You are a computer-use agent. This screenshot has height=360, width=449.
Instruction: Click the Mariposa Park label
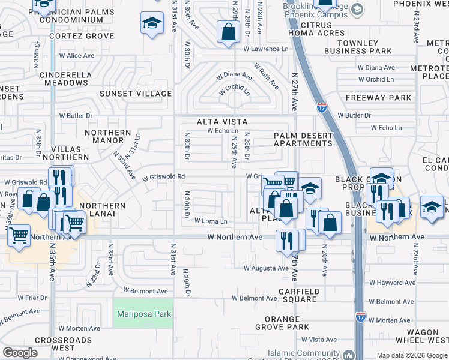(x=143, y=314)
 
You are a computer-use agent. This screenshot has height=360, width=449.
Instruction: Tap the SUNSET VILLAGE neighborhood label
(x=136, y=94)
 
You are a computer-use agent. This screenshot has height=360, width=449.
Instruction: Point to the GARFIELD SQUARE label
(x=292, y=295)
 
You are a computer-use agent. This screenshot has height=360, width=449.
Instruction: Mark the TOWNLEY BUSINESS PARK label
(x=358, y=47)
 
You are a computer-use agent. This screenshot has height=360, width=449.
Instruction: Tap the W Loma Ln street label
(x=210, y=221)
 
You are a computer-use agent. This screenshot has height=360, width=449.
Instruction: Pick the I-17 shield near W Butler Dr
(x=321, y=107)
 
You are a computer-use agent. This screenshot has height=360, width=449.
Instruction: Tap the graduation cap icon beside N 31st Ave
(x=152, y=24)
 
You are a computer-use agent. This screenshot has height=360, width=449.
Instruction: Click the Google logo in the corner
(x=20, y=353)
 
